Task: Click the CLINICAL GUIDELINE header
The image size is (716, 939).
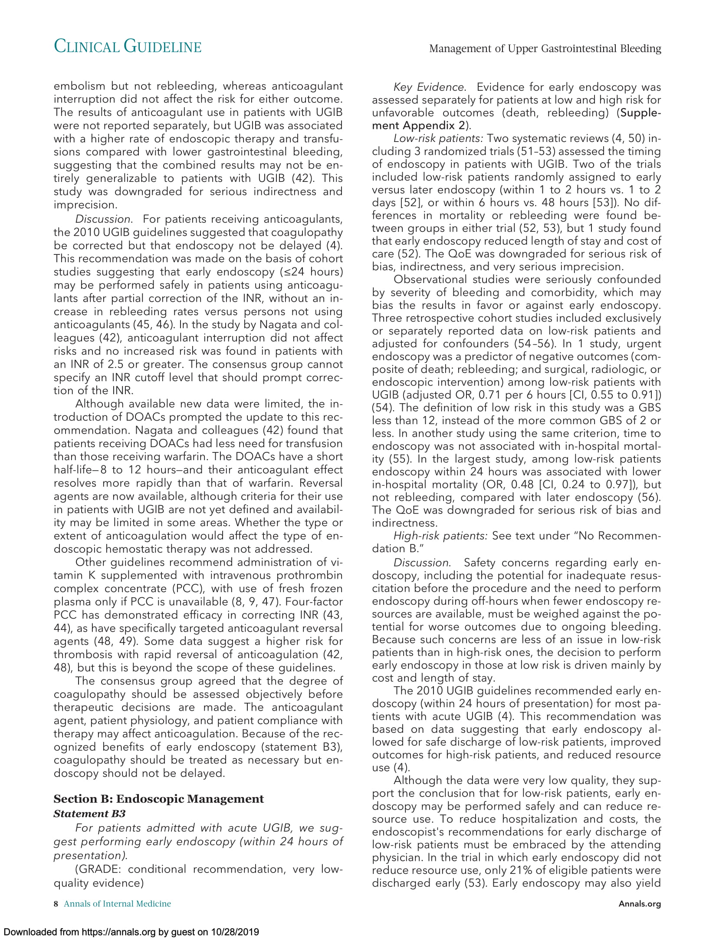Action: pyautogui.click(x=128, y=47)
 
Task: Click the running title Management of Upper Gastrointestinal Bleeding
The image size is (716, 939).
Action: pyautogui.click(x=545, y=48)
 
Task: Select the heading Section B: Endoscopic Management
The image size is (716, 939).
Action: pyautogui.click(x=158, y=799)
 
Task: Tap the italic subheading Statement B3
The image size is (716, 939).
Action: pyautogui.click(x=89, y=813)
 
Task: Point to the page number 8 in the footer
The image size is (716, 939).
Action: pyautogui.click(x=56, y=903)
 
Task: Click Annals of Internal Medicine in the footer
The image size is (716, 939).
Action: pyautogui.click(x=117, y=903)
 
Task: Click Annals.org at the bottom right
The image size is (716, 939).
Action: pyautogui.click(x=639, y=904)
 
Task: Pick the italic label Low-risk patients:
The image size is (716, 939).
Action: pyautogui.click(x=438, y=138)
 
